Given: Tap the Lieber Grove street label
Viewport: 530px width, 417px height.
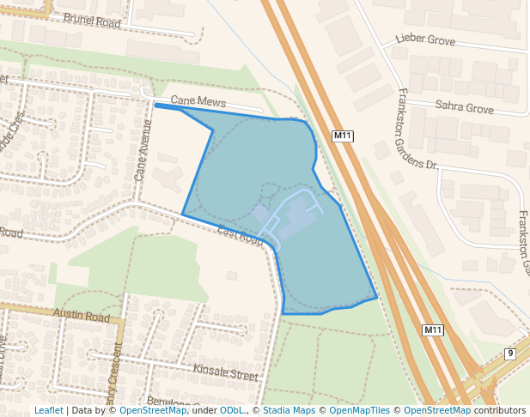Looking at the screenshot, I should click(425, 39).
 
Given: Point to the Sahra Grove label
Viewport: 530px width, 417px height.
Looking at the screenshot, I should click(464, 109).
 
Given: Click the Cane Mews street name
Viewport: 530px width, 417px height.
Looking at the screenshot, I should click(198, 101).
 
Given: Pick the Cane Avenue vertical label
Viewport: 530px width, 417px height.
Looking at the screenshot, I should click(143, 149).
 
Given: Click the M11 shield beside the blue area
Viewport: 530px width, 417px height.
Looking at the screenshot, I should click(343, 136).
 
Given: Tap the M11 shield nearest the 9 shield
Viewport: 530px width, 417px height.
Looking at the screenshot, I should click(433, 329).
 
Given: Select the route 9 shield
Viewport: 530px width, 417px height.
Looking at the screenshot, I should click(510, 354).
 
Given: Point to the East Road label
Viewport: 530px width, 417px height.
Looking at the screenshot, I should click(241, 234).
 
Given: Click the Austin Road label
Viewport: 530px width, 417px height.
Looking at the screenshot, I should click(82, 316).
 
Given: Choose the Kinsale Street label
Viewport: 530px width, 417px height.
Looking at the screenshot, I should click(225, 375).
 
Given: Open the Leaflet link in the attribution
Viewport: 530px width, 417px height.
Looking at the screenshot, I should click(48, 410).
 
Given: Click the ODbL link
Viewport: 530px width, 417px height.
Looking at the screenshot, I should click(231, 410).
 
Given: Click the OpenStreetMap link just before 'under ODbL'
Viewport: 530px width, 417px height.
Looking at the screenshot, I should click(153, 410).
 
